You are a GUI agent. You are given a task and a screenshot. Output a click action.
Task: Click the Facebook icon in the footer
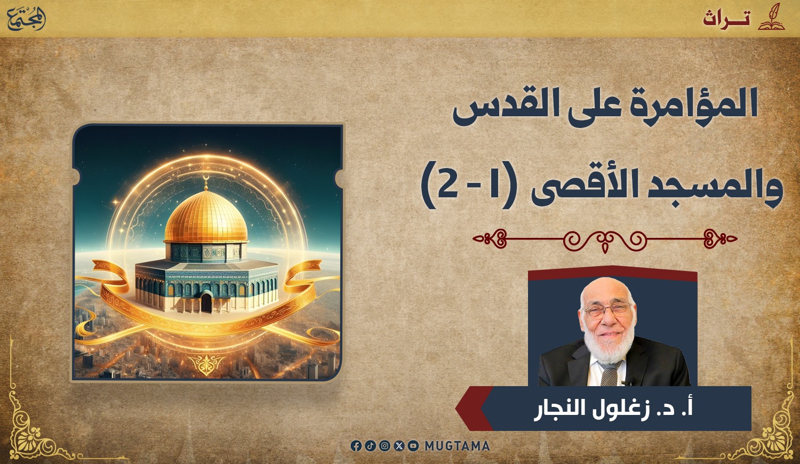[356, 446]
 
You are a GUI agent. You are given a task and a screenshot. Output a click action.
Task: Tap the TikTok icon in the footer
[370, 446]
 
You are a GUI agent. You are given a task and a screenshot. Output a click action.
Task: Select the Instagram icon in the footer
[385, 446]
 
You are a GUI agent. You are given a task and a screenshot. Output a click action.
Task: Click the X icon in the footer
[399, 446]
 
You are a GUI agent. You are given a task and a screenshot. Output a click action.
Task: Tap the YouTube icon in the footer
[413, 446]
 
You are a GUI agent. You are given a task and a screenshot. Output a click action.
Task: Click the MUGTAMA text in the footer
[457, 446]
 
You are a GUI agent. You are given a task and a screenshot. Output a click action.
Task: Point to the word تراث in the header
[726, 19]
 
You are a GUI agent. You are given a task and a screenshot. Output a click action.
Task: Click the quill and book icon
[771, 17]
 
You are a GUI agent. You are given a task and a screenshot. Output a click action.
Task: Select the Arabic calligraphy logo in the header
[27, 19]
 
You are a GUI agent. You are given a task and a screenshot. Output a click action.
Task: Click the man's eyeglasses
[607, 310]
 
